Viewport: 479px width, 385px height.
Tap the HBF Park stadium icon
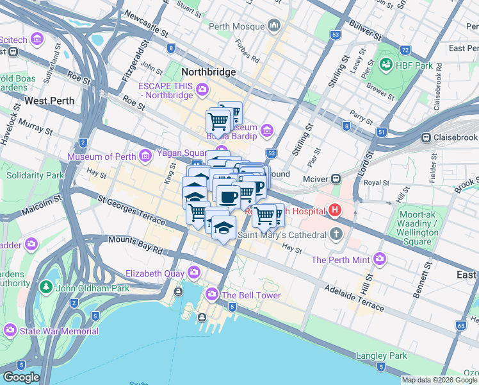coord(386,64)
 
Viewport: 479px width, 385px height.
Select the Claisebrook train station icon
coord(425,137)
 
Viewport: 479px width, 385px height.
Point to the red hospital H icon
coord(334,210)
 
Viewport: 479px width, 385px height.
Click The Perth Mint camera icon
coord(380,259)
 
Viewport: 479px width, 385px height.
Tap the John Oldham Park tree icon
coord(45,286)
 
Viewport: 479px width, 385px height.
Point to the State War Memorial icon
coord(10,330)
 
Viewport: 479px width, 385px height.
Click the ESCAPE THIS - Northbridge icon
coord(202,89)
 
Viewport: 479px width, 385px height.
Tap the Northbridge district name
coord(209,72)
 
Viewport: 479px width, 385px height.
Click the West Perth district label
coord(49,101)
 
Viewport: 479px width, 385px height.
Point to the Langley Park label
coord(383,355)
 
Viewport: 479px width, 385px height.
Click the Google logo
coord(21,377)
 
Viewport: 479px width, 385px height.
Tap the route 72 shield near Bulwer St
coord(404,49)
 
